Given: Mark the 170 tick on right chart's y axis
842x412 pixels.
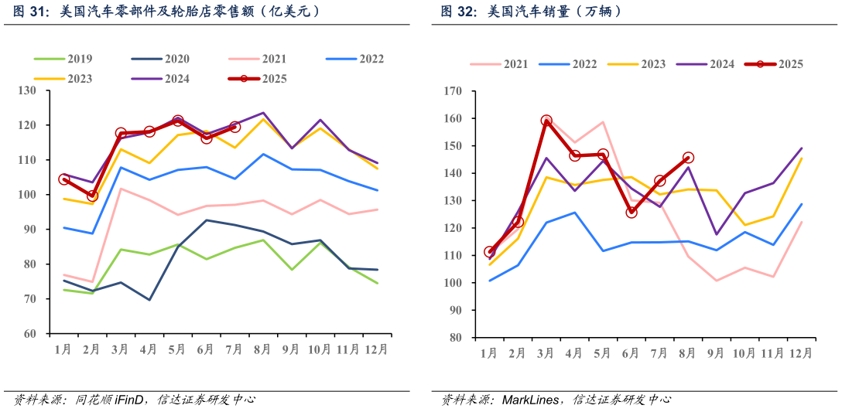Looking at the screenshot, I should click(451, 91).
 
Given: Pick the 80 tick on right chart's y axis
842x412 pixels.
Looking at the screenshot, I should click(454, 338).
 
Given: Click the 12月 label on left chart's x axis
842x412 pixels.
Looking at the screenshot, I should click(376, 349).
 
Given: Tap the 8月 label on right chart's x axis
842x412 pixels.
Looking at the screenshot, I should click(687, 353).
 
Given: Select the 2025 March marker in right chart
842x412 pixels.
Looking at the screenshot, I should click(546, 121).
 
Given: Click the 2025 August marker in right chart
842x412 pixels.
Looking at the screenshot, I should click(688, 158).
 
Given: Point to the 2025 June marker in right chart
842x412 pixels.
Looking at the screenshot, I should click(631, 212).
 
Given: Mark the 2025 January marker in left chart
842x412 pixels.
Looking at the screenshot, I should click(64, 179).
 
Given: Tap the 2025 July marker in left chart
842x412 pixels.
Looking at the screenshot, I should click(234, 127).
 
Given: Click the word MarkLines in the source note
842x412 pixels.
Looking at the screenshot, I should click(531, 400).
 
